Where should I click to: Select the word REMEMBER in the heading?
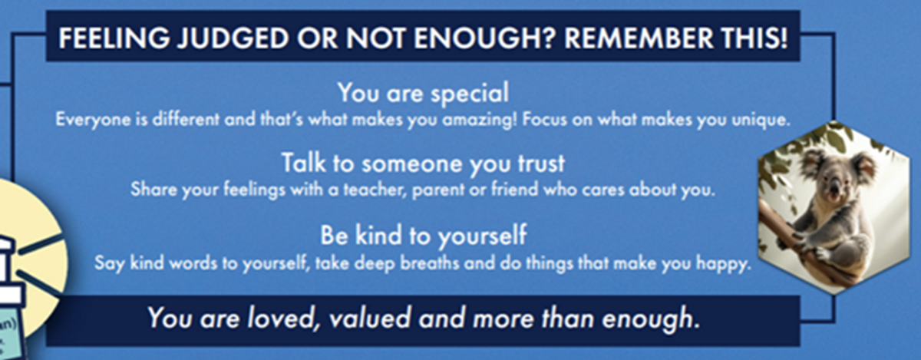tap(639, 38)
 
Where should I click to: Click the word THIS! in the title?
tap(755, 38)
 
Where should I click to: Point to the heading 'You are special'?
tap(423, 93)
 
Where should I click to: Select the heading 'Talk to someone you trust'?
tap(423, 163)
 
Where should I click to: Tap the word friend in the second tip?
tap(515, 190)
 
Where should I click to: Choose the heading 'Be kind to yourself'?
tap(423, 236)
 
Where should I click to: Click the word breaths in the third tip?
tap(430, 263)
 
